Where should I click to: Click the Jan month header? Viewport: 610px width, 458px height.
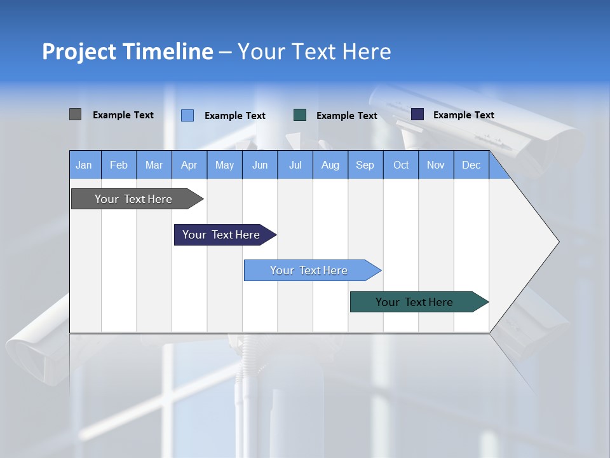[x=84, y=165]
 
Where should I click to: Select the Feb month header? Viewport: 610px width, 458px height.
[x=119, y=165]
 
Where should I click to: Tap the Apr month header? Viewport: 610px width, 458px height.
[x=189, y=165]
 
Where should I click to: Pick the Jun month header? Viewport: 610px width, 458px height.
[x=260, y=165]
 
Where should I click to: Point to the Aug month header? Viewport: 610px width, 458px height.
[x=330, y=165]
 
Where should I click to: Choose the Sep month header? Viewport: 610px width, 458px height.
[x=365, y=165]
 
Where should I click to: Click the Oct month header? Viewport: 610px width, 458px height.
[x=401, y=165]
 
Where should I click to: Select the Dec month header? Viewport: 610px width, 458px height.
[x=471, y=165]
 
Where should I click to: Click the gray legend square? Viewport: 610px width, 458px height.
[x=75, y=114]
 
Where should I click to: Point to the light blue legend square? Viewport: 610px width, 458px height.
[x=187, y=115]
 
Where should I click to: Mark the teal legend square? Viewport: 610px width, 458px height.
[x=300, y=115]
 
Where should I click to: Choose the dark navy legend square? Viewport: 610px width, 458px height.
[x=417, y=114]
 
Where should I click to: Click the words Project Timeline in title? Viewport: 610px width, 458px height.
[x=127, y=52]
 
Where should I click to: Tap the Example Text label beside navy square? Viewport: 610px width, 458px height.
[x=463, y=115]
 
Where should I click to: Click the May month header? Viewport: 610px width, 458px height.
[x=224, y=165]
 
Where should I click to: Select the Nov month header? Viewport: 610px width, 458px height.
[x=436, y=165]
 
